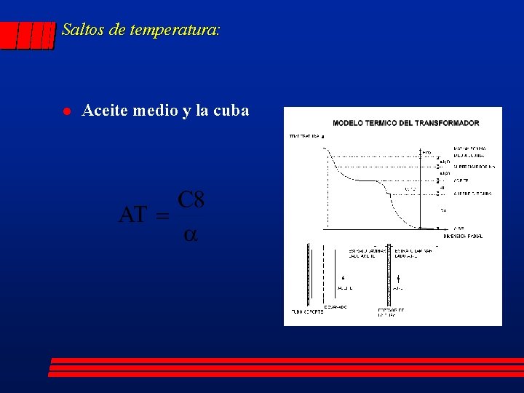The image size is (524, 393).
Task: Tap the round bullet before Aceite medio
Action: (x=65, y=111)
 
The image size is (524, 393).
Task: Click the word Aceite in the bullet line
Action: (x=104, y=111)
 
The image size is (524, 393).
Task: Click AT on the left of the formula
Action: (x=132, y=215)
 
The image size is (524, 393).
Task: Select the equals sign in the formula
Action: (x=162, y=216)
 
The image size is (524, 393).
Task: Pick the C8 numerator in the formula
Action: (x=191, y=199)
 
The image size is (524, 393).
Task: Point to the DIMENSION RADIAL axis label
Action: (x=464, y=236)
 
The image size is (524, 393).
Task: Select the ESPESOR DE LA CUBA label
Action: (x=392, y=314)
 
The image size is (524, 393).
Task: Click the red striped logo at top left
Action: (x=28, y=34)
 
